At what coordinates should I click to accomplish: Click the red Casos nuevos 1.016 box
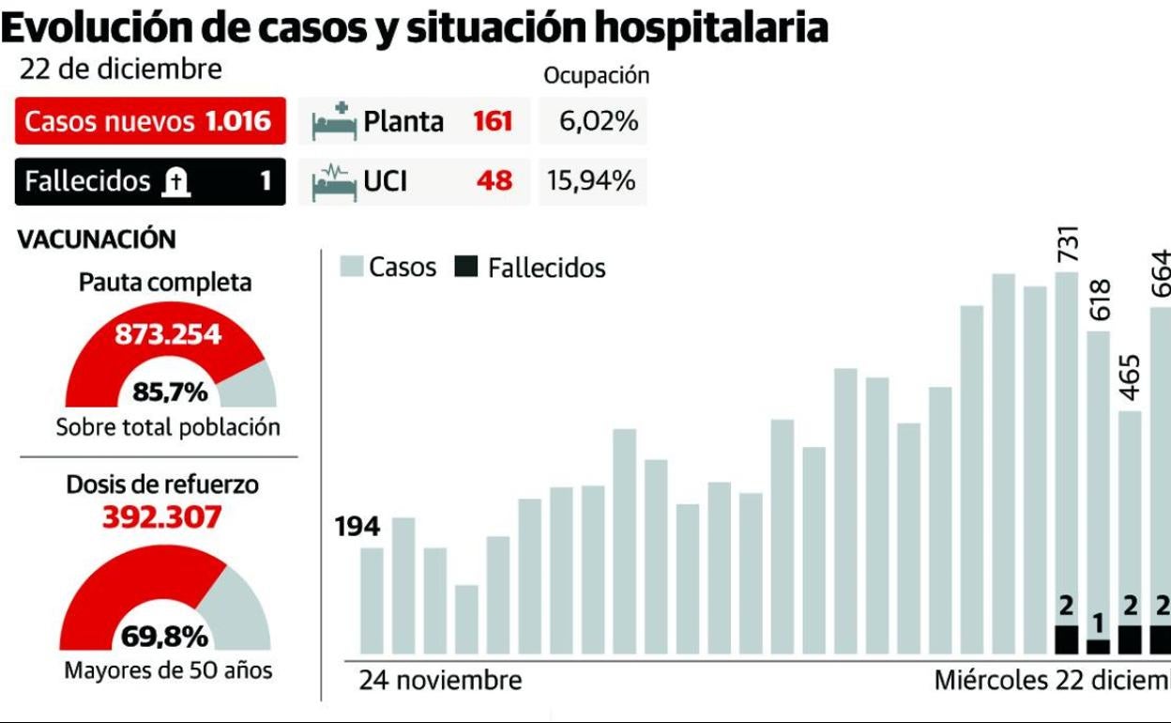click(x=150, y=121)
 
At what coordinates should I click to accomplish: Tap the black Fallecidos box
click(x=150, y=181)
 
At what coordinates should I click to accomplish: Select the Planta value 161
click(x=492, y=122)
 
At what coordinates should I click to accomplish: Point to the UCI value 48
click(x=494, y=181)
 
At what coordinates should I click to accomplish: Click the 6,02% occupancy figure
click(x=599, y=122)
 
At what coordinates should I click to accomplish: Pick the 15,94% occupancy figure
click(x=592, y=181)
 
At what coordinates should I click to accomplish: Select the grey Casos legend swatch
click(x=352, y=268)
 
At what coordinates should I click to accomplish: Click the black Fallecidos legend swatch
click(x=464, y=268)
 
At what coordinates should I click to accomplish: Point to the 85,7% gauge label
click(x=170, y=392)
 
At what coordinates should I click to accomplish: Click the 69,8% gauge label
click(x=164, y=638)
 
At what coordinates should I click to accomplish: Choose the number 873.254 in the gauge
click(x=168, y=334)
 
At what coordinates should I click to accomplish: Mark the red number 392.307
click(x=163, y=517)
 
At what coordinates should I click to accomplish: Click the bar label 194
click(x=357, y=528)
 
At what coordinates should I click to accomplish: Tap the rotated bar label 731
click(x=1068, y=244)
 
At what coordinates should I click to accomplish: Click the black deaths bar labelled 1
click(x=1098, y=647)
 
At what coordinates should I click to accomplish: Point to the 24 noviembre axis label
click(x=440, y=680)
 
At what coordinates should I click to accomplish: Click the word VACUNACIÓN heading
click(x=97, y=239)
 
